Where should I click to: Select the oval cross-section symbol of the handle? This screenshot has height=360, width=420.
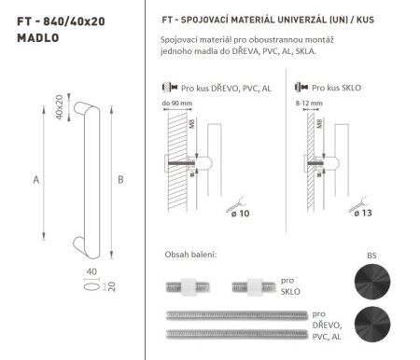point(90,288)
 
